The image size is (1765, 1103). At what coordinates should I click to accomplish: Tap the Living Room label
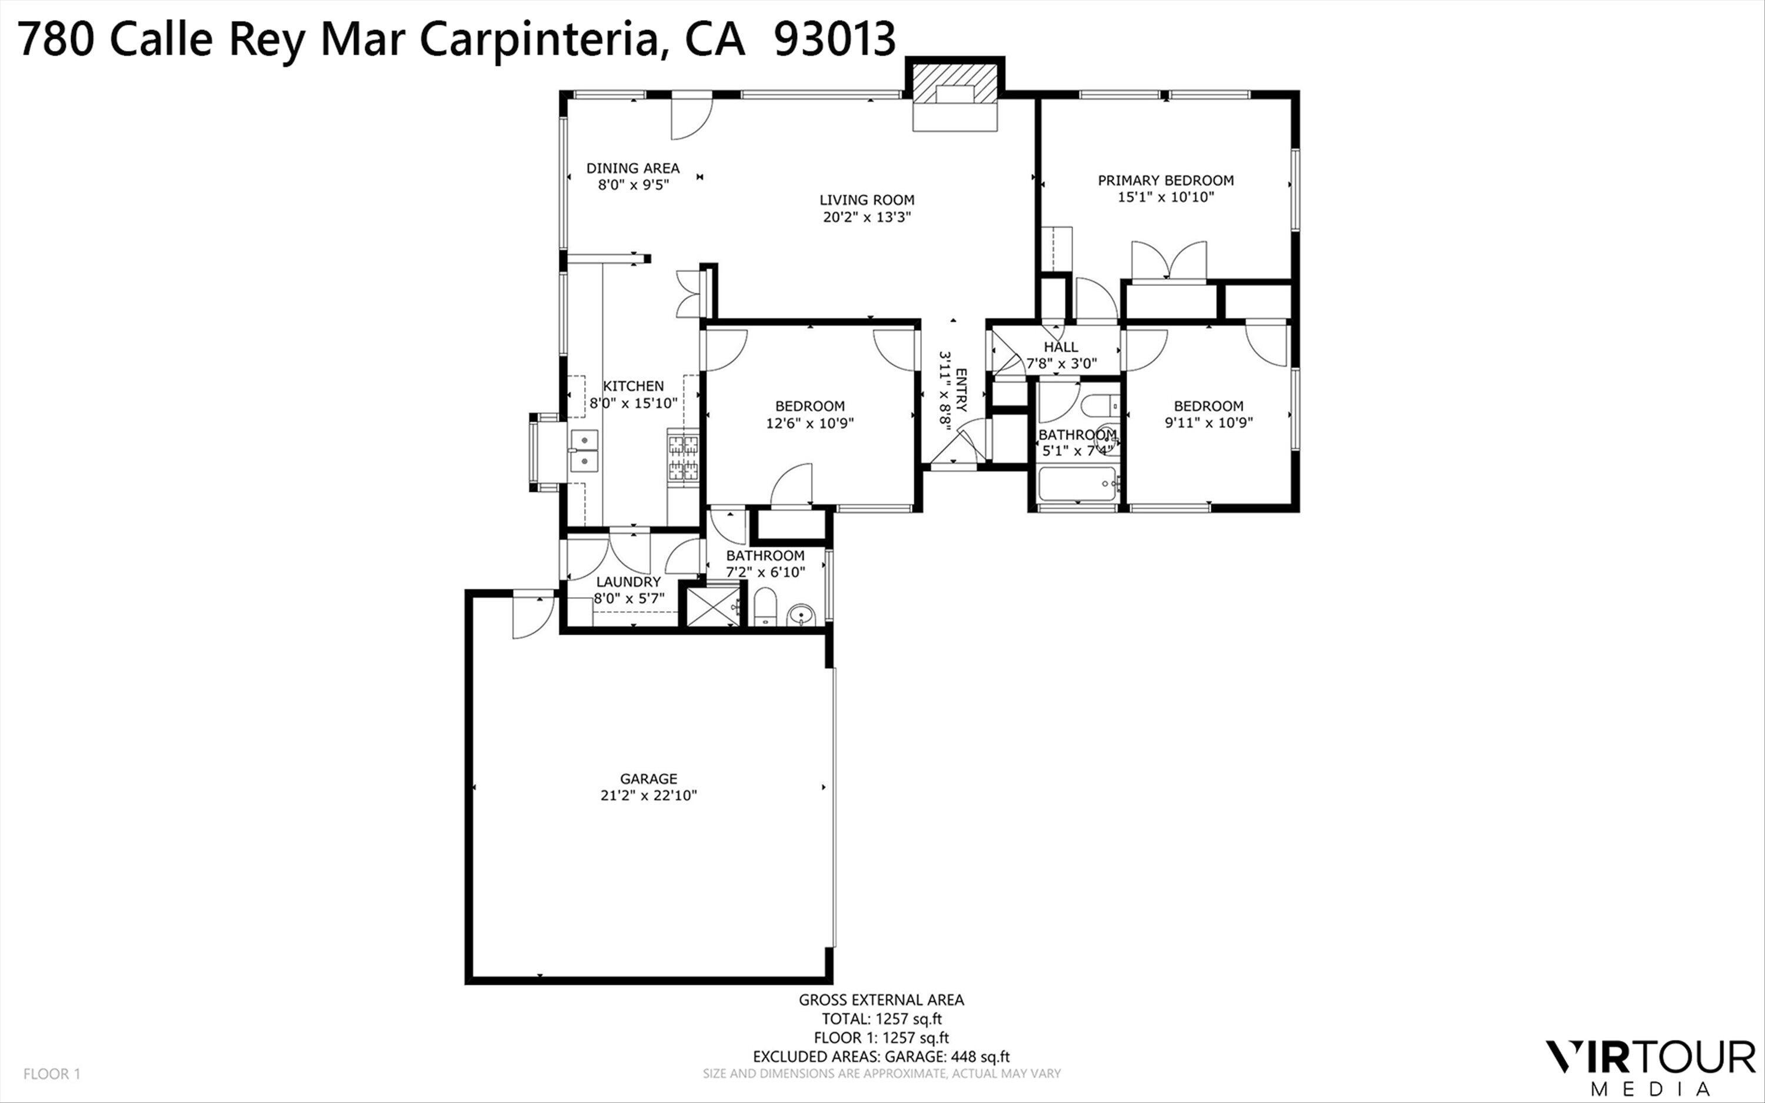pyautogui.click(x=867, y=200)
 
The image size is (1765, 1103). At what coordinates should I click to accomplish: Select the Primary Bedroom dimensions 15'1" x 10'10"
pyautogui.click(x=1165, y=197)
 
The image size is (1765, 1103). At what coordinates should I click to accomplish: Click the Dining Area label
pyautogui.click(x=632, y=168)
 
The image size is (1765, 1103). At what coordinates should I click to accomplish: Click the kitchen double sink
pyautogui.click(x=584, y=451)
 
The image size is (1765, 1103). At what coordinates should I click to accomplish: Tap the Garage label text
pyautogui.click(x=648, y=778)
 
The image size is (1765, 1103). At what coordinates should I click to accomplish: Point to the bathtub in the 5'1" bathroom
pyautogui.click(x=1078, y=484)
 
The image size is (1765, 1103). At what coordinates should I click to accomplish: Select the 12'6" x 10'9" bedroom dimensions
pyautogui.click(x=810, y=423)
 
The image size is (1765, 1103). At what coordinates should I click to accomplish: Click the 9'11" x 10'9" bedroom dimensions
pyautogui.click(x=1208, y=423)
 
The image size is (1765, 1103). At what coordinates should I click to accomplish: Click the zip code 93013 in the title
pyautogui.click(x=834, y=39)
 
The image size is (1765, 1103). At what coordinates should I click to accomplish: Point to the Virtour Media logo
pyautogui.click(x=1650, y=1067)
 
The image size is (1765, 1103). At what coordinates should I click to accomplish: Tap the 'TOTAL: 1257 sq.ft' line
pyautogui.click(x=881, y=1019)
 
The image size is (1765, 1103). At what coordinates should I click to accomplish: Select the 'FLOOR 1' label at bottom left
pyautogui.click(x=52, y=1074)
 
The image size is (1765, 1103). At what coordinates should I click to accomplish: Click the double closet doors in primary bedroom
pyautogui.click(x=1168, y=261)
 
